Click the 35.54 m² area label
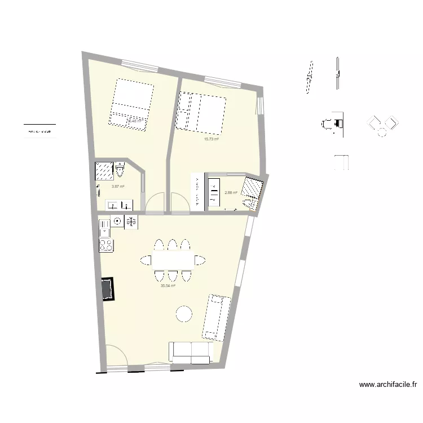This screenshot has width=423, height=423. click(x=168, y=286)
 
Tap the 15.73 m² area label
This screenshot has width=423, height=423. click(x=211, y=139)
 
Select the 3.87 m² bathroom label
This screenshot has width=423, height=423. click(x=117, y=187)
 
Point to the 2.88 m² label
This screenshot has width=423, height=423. click(x=231, y=193)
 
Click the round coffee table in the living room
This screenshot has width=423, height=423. click(x=184, y=314)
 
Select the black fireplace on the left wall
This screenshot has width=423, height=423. click(x=107, y=289)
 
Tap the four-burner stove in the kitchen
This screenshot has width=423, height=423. click(x=106, y=245)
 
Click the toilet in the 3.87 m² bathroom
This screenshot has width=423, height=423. click(x=120, y=169)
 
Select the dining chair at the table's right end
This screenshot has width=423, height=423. click(x=199, y=260)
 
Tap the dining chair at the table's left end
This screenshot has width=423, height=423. click(x=146, y=260)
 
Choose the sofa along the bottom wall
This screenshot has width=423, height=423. click(x=192, y=352)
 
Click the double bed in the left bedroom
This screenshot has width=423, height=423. click(x=133, y=105)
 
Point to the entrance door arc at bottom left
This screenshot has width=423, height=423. click(x=115, y=355)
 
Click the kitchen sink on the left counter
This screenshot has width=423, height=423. click(x=105, y=228)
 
